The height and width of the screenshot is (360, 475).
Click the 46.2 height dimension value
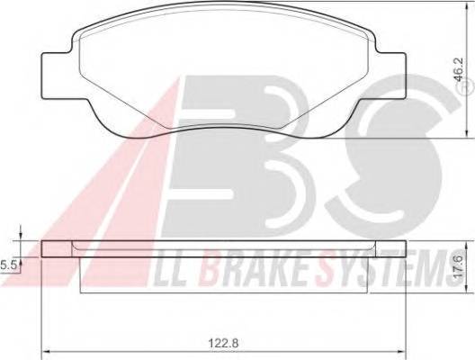coord(459,69)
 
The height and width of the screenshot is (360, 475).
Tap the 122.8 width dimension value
coord(224,343)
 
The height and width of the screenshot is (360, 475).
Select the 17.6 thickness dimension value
coord(459,265)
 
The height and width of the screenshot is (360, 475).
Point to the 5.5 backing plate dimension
coord(7,265)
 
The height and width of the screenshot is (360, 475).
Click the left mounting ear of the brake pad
coord(58,76)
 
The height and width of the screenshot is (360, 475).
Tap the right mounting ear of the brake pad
coord(390,76)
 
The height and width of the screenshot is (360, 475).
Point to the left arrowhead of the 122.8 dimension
coord(45,352)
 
